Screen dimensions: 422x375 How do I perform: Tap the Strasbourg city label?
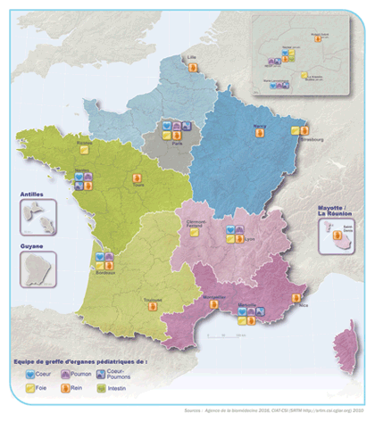coord(310,138)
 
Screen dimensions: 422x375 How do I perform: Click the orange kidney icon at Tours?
coord(137,178)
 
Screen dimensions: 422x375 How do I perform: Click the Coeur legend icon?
coord(29,375)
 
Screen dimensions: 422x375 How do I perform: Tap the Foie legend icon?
coord(29,388)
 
